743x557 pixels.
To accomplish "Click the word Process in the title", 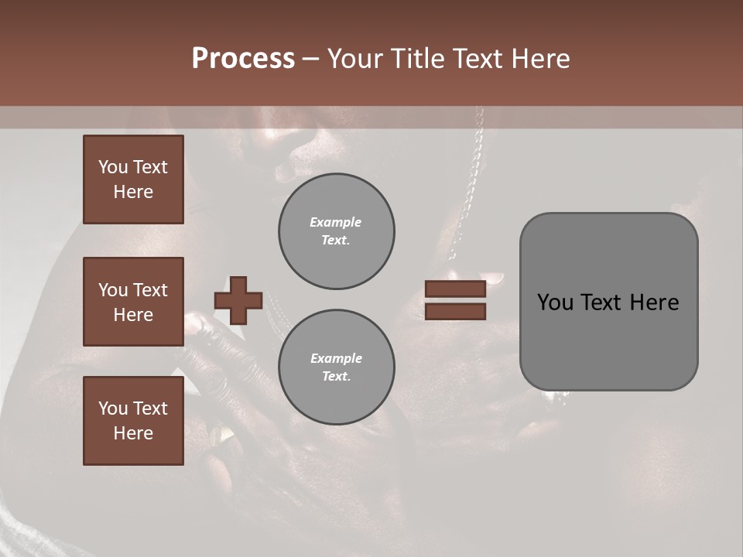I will pos(243,59).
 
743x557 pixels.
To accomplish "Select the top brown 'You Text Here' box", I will pos(133,179).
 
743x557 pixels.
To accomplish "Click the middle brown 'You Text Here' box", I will pos(133,302).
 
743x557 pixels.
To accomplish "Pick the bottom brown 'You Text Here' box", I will pos(133,421).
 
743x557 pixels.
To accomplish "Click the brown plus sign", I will pos(238,300).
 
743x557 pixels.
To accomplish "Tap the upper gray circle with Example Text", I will pos(337,231).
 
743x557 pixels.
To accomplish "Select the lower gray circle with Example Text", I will pos(337,367).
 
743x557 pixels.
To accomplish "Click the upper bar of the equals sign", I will pos(456,289).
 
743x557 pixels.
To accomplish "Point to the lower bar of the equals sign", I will pos(456,312).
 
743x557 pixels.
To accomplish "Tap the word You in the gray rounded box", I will pos(554,302).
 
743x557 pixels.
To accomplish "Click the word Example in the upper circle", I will pos(335,222).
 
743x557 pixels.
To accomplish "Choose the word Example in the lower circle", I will pos(336,358).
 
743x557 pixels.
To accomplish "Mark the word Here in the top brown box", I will pos(133,192).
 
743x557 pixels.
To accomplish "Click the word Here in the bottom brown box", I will pos(133,433).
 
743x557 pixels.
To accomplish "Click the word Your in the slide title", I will pos(357,59).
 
